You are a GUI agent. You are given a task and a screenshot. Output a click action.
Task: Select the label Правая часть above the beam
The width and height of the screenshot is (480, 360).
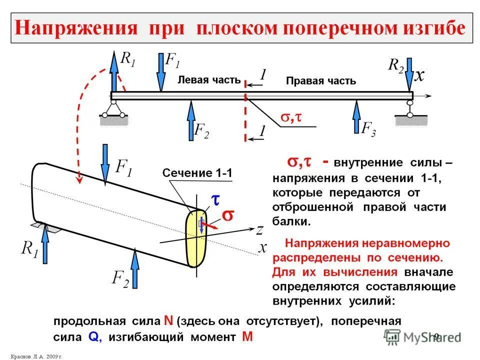[x=320, y=81]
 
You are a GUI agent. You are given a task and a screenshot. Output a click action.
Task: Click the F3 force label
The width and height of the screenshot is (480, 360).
[x=368, y=129]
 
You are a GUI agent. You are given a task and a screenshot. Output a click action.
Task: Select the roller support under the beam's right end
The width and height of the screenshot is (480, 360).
[x=410, y=110]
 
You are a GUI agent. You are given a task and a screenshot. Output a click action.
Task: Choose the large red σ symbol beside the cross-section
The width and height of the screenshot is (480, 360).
[x=227, y=215]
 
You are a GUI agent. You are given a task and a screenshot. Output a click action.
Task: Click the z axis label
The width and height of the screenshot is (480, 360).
[x=259, y=230]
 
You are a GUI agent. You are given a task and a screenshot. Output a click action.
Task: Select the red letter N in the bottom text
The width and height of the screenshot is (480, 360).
[x=168, y=321]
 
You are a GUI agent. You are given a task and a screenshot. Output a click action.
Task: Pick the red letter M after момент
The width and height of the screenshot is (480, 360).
[x=246, y=337]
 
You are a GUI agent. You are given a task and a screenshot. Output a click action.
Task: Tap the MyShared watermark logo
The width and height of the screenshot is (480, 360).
[x=422, y=336]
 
